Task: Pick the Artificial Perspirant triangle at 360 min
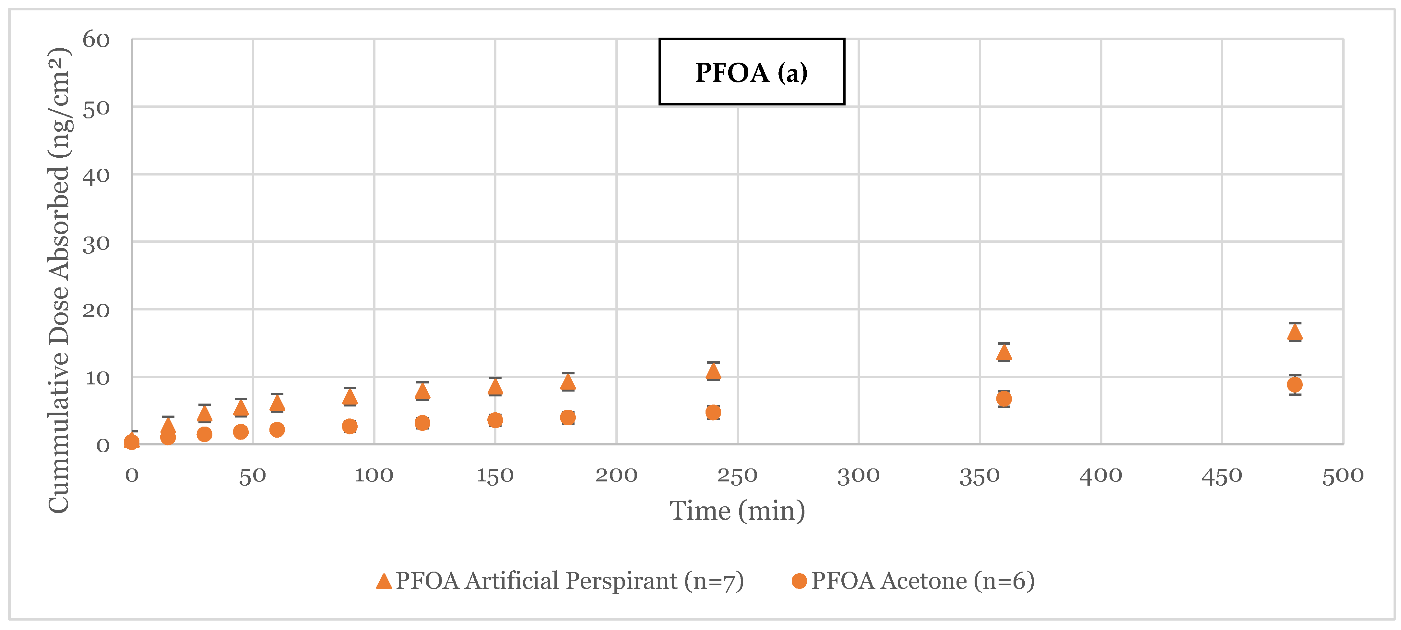click(1003, 353)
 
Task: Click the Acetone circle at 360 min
click(1003, 399)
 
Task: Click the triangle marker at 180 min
click(567, 382)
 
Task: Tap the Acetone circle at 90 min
click(350, 426)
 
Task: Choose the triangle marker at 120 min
click(422, 392)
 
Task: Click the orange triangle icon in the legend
click(384, 581)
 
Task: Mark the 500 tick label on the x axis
click(1342, 476)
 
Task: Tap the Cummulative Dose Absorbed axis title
click(59, 280)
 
